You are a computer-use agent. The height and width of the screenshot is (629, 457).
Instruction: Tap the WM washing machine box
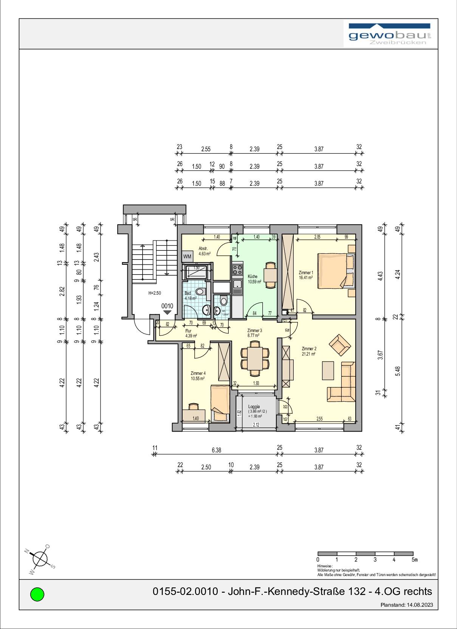187,256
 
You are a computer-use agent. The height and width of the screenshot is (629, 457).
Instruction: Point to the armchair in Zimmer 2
340,345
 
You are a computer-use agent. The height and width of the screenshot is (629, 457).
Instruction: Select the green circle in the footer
37,594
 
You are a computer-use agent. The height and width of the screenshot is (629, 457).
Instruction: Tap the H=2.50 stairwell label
155,293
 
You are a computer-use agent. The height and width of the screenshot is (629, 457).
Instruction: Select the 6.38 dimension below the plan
216,450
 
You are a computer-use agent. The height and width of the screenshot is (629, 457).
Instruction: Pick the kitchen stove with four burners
237,270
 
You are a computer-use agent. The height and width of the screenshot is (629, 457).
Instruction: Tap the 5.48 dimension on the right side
397,371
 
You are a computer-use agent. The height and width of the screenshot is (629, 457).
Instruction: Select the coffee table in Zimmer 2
328,370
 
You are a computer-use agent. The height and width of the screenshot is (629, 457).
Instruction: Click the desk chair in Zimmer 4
194,406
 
